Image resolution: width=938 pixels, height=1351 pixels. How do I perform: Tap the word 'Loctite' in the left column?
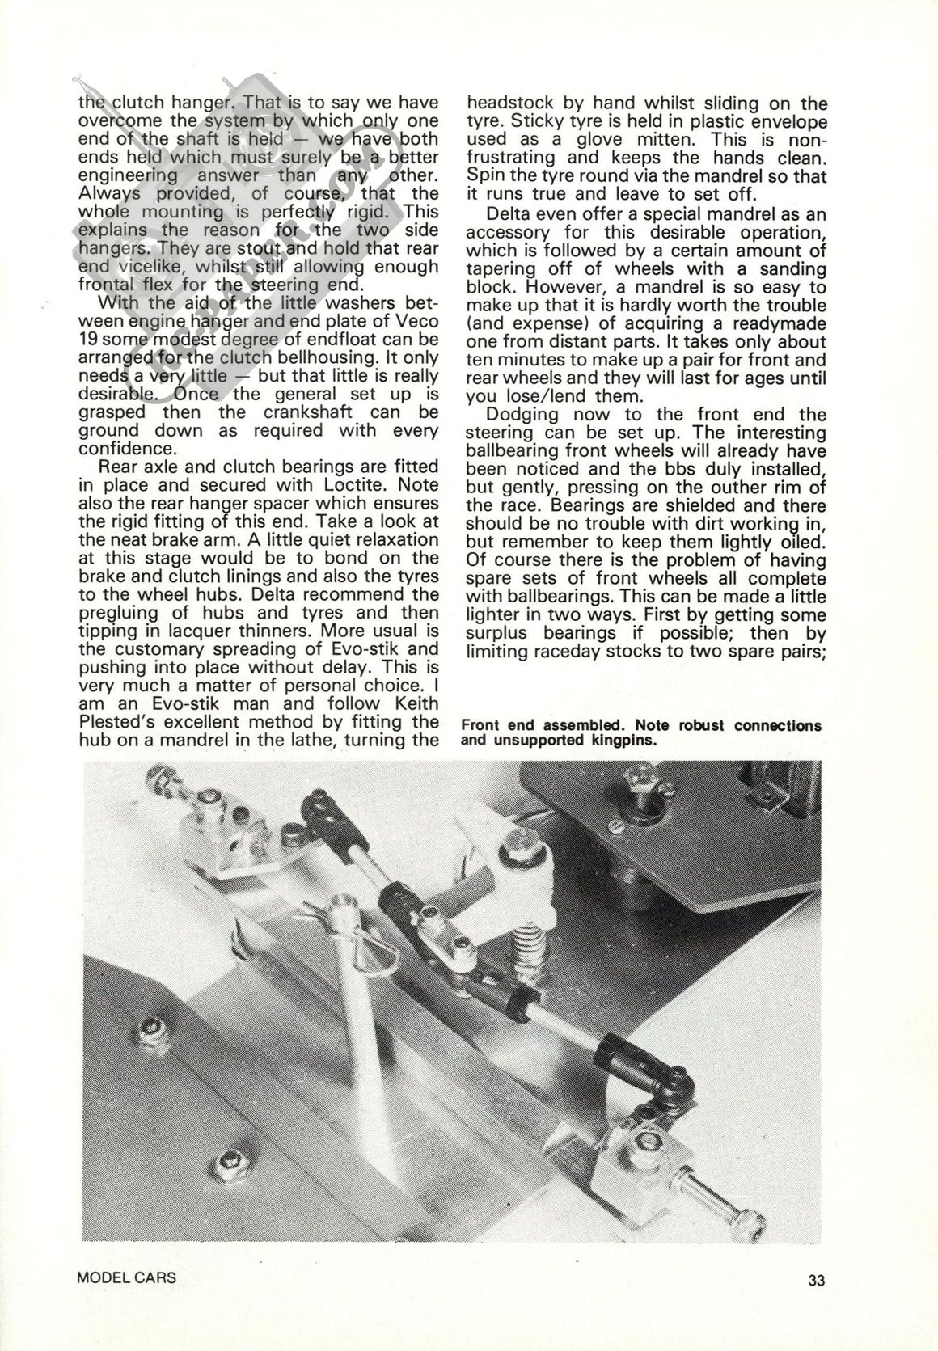(404, 485)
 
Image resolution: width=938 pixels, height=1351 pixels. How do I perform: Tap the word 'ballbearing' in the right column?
(518, 451)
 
